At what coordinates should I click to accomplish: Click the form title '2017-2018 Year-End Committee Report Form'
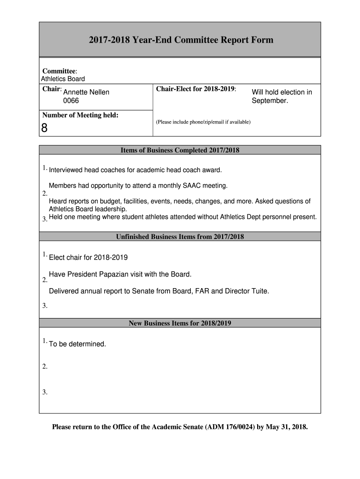click(181, 40)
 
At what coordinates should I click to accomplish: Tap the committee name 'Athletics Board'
click(63, 79)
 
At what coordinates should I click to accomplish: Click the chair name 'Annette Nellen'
click(86, 92)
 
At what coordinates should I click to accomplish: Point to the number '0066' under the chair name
click(71, 101)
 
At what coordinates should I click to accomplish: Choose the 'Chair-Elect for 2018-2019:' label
click(196, 89)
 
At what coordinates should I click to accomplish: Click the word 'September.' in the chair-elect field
click(270, 101)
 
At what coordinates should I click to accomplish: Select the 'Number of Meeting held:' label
click(80, 115)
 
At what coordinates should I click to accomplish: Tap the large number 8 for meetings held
click(44, 128)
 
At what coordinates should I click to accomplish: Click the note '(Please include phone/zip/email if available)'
click(203, 122)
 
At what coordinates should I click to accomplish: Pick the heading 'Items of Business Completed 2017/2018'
click(180, 150)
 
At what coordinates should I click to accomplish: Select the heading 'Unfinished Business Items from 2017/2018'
click(180, 237)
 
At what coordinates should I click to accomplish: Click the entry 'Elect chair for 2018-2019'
click(88, 257)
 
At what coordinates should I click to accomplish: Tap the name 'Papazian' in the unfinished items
click(140, 274)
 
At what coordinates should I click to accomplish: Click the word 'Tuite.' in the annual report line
click(258, 291)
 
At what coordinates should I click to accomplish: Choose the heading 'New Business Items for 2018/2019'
click(180, 323)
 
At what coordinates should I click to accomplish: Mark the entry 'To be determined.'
click(78, 344)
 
